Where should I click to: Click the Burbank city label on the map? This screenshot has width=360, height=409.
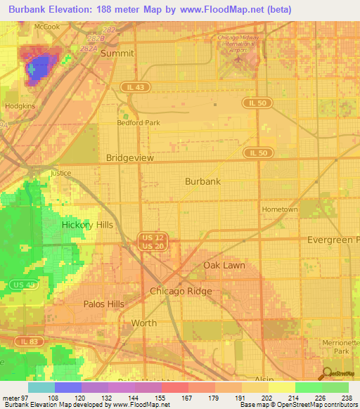202,181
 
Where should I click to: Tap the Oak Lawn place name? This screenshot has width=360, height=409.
224,265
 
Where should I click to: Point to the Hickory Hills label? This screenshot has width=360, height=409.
87,225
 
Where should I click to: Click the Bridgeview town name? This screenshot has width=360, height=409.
129,158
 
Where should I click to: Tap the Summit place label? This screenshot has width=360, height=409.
117,53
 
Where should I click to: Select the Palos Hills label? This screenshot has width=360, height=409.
103,304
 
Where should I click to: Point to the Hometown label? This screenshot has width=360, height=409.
280,209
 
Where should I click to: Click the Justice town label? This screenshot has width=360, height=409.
61,172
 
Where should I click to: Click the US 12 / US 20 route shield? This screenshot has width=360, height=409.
148,241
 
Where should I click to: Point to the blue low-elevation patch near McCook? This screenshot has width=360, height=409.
39,67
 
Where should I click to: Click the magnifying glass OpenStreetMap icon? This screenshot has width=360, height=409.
328,373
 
